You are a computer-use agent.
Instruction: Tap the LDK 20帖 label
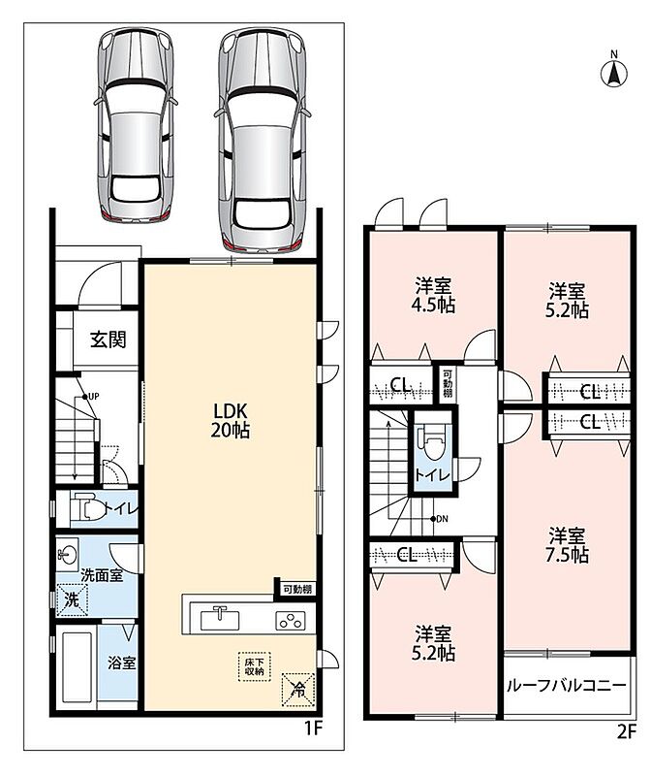[x=230, y=421]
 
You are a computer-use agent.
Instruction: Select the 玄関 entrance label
[x=108, y=339]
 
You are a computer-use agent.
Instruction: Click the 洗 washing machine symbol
[x=72, y=599]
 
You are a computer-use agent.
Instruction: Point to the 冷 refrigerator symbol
[x=298, y=689]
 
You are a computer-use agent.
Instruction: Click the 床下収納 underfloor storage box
[x=255, y=666]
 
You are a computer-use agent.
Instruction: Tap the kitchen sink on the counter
[x=220, y=619]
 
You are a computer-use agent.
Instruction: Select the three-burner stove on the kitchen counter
[x=291, y=621]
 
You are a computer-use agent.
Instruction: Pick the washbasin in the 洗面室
[x=67, y=552]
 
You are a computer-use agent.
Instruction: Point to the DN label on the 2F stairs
[x=442, y=519]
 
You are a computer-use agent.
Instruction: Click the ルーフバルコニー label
[x=567, y=686]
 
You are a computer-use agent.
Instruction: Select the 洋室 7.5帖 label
[x=567, y=545]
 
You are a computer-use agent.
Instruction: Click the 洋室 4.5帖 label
[x=433, y=296]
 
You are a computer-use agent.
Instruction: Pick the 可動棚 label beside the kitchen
[x=297, y=589]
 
